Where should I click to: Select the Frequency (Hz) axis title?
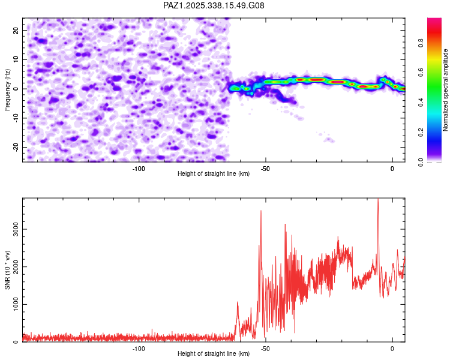pyautogui.click(x=8, y=88)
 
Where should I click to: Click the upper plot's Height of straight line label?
pyautogui.click(x=214, y=174)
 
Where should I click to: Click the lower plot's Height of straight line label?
pyautogui.click(x=214, y=354)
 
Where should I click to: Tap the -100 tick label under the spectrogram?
pyautogui.click(x=139, y=168)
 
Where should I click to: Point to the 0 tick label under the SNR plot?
pyautogui.click(x=392, y=349)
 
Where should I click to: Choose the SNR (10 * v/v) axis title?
pyautogui.click(x=8, y=270)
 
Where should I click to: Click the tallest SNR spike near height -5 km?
pyautogui.click(x=377, y=200)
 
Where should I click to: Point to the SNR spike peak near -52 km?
pyautogui.click(x=261, y=211)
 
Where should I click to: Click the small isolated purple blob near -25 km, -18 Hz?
pyautogui.click(x=329, y=140)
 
